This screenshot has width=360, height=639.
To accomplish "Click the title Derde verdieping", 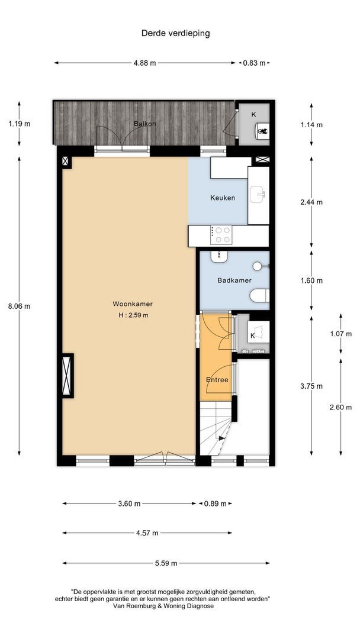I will click(175, 33).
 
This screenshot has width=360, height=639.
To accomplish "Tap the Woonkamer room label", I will click(133, 304).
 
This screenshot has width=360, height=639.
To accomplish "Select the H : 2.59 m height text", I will click(133, 315).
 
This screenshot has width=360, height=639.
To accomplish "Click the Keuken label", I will click(223, 198).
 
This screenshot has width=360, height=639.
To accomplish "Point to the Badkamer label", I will click(234, 280).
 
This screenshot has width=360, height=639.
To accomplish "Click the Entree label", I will click(217, 380).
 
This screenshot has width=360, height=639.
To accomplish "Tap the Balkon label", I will click(144, 124).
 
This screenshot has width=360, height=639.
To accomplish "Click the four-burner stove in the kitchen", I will click(223, 235).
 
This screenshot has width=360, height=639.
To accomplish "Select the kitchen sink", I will click(258, 194).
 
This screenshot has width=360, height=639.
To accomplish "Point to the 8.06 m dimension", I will click(18, 306).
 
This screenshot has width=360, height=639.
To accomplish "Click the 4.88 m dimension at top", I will click(146, 63).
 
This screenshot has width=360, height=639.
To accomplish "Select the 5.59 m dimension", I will click(166, 563).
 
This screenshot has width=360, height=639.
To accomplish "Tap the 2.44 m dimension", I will click(311, 202).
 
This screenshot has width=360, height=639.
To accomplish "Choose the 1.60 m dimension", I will click(311, 280).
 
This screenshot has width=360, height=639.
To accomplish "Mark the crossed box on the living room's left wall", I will click(67, 376).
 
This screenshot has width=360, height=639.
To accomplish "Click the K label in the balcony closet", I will click(254, 114).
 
